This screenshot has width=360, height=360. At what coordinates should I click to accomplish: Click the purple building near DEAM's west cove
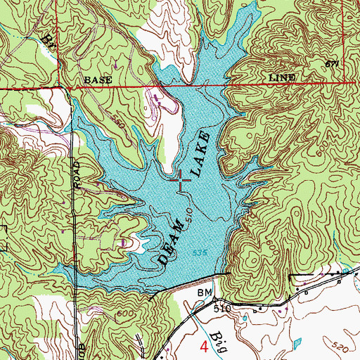click(125, 243)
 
